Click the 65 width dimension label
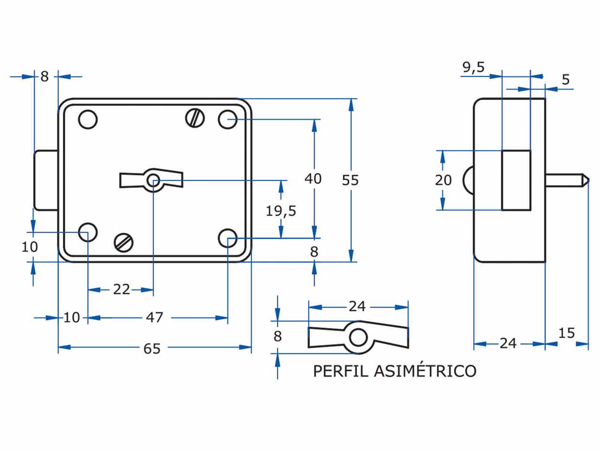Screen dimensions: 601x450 (152, 349)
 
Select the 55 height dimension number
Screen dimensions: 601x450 (350, 180)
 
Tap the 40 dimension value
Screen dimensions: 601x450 (313, 179)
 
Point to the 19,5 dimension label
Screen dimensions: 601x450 (281, 211)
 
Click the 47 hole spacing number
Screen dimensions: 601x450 (154, 317)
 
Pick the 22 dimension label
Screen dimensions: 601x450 (122, 289)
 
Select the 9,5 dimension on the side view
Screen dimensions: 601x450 (473, 67)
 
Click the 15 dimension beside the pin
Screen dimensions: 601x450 (567, 333)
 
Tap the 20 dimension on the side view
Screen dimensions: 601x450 (443, 180)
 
